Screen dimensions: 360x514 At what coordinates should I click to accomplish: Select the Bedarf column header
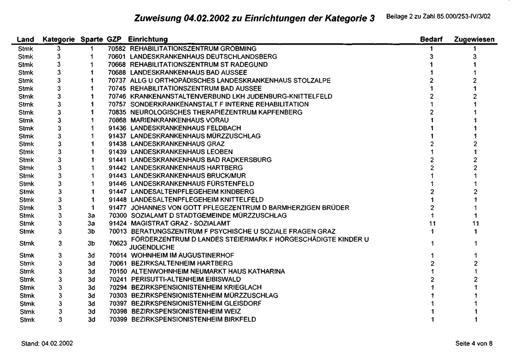[431, 39]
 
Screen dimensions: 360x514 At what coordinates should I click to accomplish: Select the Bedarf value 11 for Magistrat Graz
[431, 223]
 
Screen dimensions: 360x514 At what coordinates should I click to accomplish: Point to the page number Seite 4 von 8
[475, 342]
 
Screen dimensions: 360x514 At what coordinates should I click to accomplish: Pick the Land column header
[25, 39]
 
